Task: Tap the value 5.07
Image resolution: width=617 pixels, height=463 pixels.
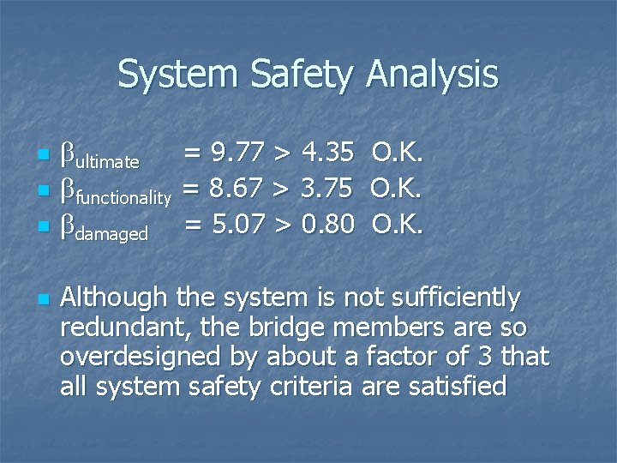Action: click(x=237, y=226)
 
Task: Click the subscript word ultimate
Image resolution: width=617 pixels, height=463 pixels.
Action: click(x=108, y=161)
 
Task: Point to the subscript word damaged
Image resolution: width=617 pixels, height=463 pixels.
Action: click(x=111, y=233)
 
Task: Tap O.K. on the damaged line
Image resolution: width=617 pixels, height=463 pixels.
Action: click(x=398, y=226)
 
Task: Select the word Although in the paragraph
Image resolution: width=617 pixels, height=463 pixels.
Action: click(x=114, y=298)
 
